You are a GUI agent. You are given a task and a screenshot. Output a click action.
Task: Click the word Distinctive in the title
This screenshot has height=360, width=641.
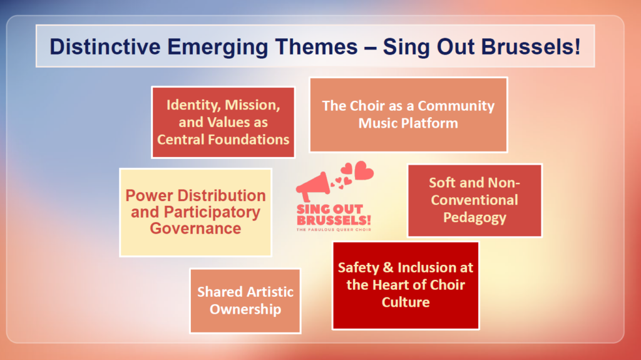click(x=105, y=46)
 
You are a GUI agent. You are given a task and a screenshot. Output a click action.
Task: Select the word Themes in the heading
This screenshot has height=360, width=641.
click(x=316, y=46)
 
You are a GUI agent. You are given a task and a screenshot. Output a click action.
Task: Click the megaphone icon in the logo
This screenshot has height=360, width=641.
click(x=314, y=187)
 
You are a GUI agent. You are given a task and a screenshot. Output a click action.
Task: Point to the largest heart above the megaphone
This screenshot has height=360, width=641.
click(x=364, y=170)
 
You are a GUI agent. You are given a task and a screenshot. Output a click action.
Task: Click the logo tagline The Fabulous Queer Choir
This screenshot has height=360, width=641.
click(x=334, y=230)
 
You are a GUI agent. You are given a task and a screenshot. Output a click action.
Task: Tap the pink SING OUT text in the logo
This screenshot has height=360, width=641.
click(x=330, y=209)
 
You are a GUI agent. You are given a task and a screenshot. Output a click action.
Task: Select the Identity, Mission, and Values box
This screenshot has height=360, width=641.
click(x=223, y=122)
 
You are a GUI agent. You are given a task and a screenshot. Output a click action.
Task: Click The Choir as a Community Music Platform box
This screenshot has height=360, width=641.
click(x=408, y=115)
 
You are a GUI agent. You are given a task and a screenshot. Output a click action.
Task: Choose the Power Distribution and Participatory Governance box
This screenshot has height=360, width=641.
click(x=196, y=213)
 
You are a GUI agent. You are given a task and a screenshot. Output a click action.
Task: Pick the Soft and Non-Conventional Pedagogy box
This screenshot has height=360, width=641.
click(x=474, y=200)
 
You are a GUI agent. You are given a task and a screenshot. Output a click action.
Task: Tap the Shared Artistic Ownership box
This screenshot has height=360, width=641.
click(x=245, y=301)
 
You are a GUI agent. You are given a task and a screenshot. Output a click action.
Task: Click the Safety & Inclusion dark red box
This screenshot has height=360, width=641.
click(x=406, y=285)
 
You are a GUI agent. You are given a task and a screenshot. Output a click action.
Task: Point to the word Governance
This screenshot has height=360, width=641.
click(x=195, y=229)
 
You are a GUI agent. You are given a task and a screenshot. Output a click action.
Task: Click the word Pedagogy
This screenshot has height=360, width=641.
click(x=474, y=218)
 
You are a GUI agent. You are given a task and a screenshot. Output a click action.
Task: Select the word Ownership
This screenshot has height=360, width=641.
click(x=245, y=309)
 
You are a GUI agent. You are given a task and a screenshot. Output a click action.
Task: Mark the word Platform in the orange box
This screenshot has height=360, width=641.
click(x=433, y=123)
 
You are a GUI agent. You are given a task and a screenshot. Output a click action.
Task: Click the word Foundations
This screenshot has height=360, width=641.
click(x=249, y=140)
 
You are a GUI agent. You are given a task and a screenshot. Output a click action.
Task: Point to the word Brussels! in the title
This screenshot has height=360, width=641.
click(x=531, y=46)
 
